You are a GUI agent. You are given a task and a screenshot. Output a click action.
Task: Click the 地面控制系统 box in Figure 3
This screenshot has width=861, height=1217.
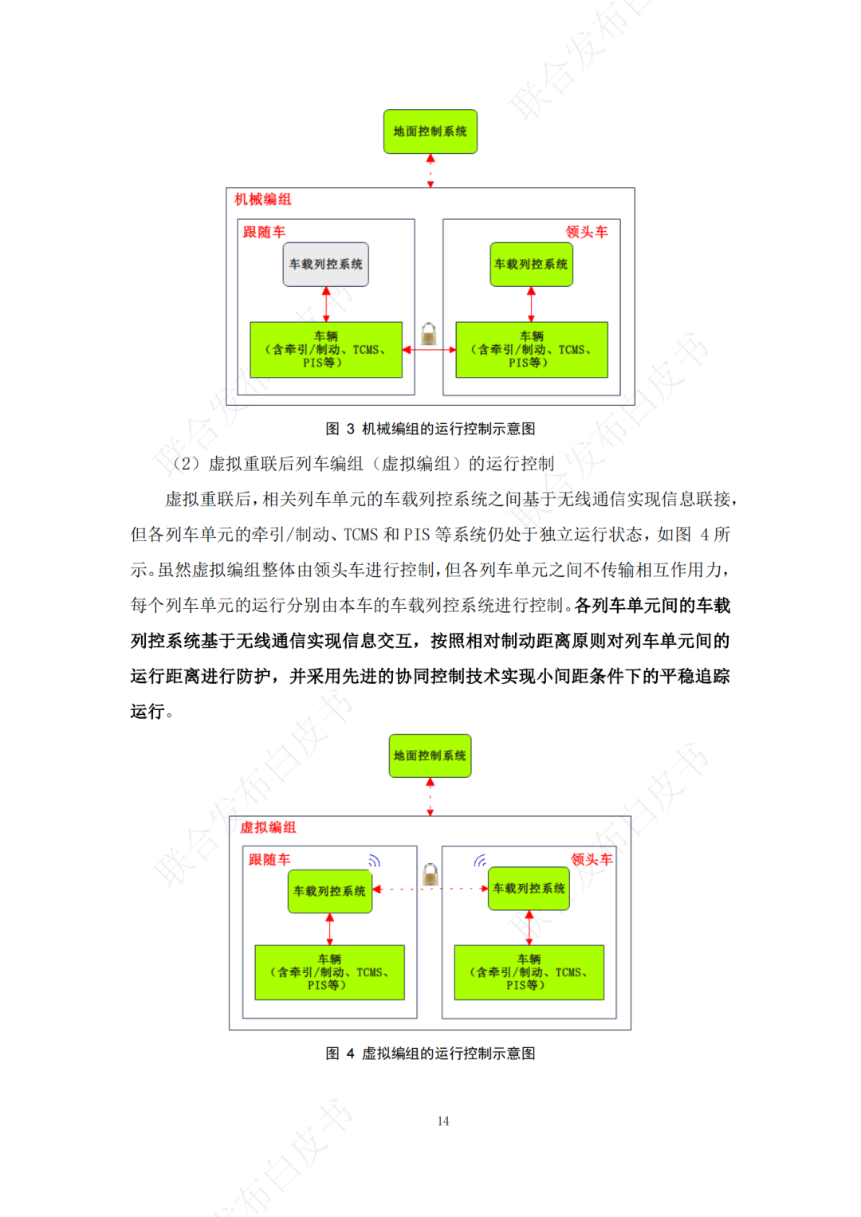coord(430,132)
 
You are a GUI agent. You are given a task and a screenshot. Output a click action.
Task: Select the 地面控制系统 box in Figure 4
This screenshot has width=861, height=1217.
coord(430,756)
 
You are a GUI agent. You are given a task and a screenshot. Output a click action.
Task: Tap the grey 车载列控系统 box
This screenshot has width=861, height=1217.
coord(325,264)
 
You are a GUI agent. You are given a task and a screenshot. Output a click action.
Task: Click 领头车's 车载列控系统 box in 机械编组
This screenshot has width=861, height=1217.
coord(531,264)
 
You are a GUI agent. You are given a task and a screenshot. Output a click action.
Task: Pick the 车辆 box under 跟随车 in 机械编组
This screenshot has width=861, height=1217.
coord(325,349)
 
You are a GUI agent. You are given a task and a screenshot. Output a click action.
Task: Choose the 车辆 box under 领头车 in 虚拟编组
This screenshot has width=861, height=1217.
coord(529,972)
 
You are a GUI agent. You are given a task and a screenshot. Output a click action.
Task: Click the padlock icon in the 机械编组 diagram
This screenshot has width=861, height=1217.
coord(429,333)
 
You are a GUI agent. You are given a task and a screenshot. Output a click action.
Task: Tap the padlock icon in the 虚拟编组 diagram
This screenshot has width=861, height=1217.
coord(430,874)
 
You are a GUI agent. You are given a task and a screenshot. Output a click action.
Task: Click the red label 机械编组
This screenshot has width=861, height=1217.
coord(262,199)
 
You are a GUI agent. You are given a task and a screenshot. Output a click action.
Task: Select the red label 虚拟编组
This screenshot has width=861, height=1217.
coord(268,827)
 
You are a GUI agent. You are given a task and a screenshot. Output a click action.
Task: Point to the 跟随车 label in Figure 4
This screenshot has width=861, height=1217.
coord(269,859)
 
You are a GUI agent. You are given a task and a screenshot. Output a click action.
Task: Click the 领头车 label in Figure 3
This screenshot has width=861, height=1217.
coord(587,232)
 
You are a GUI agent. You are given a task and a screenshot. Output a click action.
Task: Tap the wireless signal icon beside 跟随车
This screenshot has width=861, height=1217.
coord(374,861)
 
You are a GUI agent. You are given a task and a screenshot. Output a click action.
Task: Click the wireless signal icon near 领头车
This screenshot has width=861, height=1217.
coord(480,861)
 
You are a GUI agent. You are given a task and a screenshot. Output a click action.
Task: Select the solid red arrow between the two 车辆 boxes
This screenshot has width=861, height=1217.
coord(429,350)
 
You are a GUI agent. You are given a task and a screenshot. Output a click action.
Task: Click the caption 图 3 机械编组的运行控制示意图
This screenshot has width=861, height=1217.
coord(430,429)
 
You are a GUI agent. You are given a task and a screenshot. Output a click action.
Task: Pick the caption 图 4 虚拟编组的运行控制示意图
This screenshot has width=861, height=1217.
coord(430,1054)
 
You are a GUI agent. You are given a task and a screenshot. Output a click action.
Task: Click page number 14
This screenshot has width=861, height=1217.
coord(442,1121)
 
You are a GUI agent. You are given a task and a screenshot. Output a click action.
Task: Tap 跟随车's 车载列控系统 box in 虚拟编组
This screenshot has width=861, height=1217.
coord(329,891)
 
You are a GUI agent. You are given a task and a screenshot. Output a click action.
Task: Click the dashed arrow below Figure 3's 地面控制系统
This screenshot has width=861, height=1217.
coord(431,171)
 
